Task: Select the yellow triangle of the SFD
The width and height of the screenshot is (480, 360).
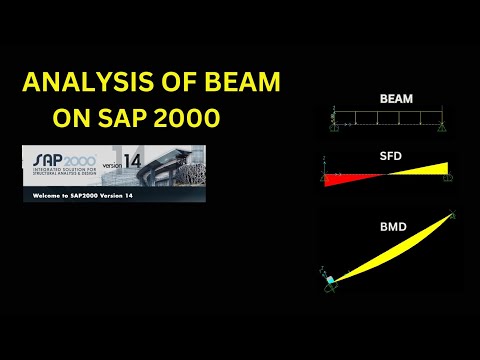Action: (425, 169)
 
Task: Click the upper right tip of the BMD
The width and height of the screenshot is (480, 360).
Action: (452, 214)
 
